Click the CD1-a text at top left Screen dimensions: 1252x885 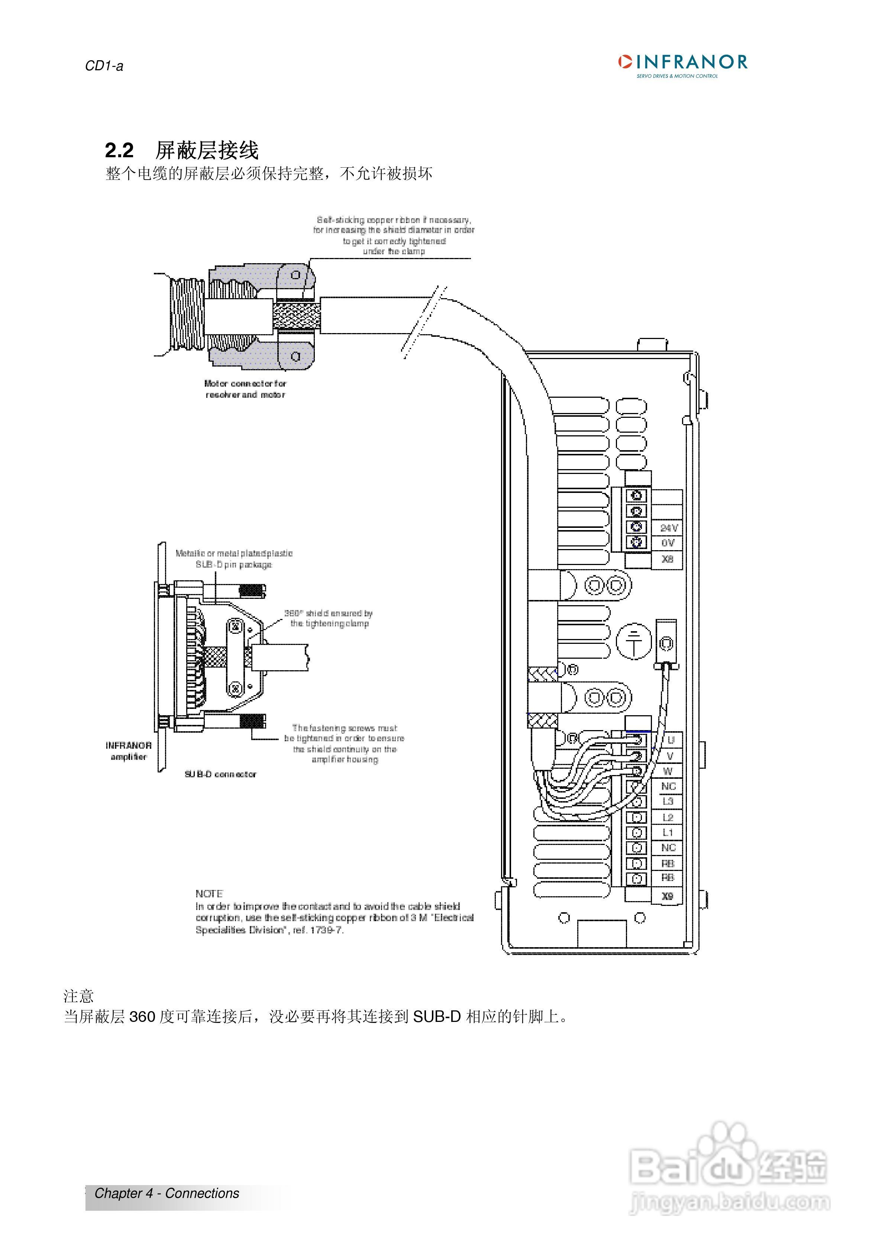click(104, 66)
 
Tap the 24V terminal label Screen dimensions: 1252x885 click(669, 528)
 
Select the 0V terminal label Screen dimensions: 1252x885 click(668, 543)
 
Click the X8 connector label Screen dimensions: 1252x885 click(668, 559)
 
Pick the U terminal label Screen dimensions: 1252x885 click(670, 740)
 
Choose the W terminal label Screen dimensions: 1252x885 click(668, 771)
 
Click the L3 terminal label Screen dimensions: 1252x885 click(668, 801)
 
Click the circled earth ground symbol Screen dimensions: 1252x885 click(634, 641)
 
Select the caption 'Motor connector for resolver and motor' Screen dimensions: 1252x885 click(245, 389)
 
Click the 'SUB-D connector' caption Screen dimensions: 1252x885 click(220, 774)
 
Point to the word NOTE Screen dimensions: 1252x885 click(209, 894)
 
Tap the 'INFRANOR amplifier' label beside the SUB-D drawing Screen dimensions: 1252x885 click(129, 751)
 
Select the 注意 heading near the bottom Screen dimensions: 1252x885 click(78, 996)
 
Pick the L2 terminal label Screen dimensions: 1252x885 click(668, 817)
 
